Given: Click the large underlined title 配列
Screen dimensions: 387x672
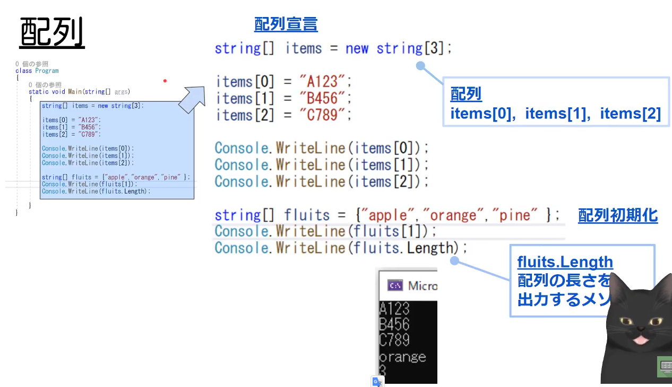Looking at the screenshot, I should pyautogui.click(x=52, y=33).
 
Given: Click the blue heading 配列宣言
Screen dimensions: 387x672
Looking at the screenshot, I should pyautogui.click(x=286, y=24).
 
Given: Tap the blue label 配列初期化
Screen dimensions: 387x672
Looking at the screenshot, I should pyautogui.click(x=618, y=215).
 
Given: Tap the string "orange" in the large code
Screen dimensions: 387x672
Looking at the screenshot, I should pyautogui.click(x=453, y=215).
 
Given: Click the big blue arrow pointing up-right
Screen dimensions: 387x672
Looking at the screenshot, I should pyautogui.click(x=192, y=98).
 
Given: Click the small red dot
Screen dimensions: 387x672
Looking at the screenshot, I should pyautogui.click(x=165, y=81).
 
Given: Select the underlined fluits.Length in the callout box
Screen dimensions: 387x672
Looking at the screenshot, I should pyautogui.click(x=565, y=262).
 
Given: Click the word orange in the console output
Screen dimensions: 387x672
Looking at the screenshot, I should pyautogui.click(x=402, y=357).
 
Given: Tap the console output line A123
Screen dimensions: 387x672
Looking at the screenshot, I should pyautogui.click(x=394, y=308).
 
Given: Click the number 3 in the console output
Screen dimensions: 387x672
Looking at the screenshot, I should pyautogui.click(x=382, y=370).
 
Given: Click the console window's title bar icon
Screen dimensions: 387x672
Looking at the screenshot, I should pyautogui.click(x=395, y=285).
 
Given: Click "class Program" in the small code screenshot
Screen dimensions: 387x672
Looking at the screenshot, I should pyautogui.click(x=37, y=71).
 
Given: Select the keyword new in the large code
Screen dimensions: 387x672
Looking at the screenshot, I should pyautogui.click(x=357, y=49).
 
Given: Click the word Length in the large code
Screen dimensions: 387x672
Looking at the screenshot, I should pyautogui.click(x=432, y=248).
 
